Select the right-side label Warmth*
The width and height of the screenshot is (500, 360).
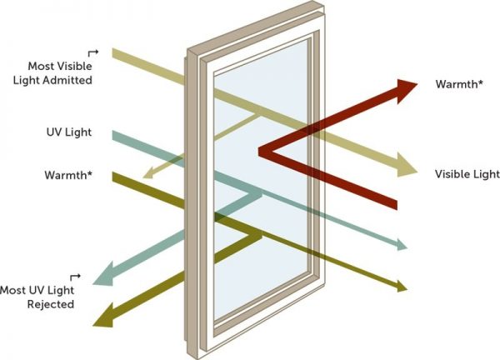pos(457,84)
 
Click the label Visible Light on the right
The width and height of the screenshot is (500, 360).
pos(467,174)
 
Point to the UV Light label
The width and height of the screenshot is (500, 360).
pos(69,132)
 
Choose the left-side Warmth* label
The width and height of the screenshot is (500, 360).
pos(67,176)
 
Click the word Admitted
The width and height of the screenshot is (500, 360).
pos(70,81)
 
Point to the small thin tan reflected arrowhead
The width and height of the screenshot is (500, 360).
pos(147,175)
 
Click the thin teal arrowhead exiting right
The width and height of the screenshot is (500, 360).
pos(404,246)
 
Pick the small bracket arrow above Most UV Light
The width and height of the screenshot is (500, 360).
pos(77,277)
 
